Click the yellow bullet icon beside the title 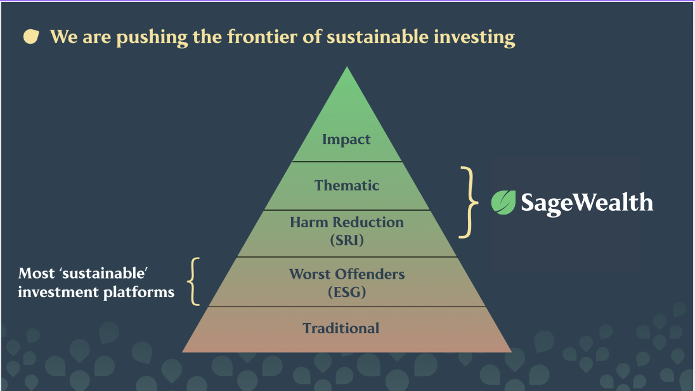31,36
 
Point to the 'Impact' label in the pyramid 346,140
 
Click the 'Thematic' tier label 347,185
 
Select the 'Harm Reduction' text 347,222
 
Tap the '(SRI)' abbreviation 347,240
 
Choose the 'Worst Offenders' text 347,274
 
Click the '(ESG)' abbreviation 347,292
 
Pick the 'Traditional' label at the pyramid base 341,328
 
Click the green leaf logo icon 503,202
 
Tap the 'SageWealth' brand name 587,203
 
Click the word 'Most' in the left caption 37,273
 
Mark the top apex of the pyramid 347,67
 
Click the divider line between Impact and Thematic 347,162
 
